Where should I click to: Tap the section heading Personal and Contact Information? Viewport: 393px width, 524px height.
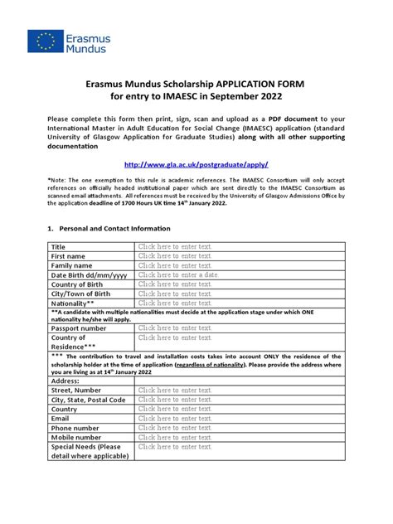pyautogui.click(x=112, y=228)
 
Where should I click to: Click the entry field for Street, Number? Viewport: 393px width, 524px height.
pyautogui.click(x=175, y=390)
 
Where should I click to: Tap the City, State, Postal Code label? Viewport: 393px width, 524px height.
pyautogui.click(x=89, y=400)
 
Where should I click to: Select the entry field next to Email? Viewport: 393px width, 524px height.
pyautogui.click(x=175, y=419)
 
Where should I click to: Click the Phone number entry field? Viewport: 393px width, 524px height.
pyautogui.click(x=175, y=428)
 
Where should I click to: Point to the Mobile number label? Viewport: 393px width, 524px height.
pyautogui.click(x=77, y=437)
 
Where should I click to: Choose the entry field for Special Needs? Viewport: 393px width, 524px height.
pyautogui.click(x=175, y=446)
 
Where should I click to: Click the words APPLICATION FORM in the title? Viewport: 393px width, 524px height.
pyautogui.click(x=259, y=85)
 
